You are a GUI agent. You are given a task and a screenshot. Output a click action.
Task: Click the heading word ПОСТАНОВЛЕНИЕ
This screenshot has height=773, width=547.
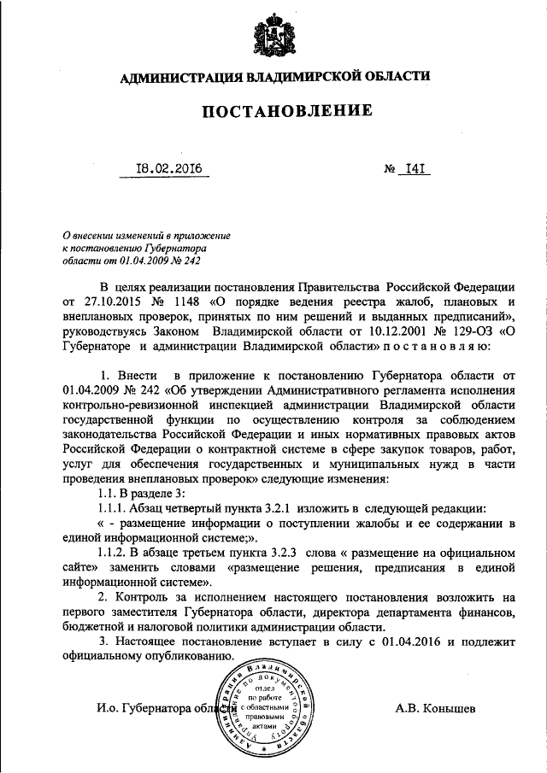(274, 110)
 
